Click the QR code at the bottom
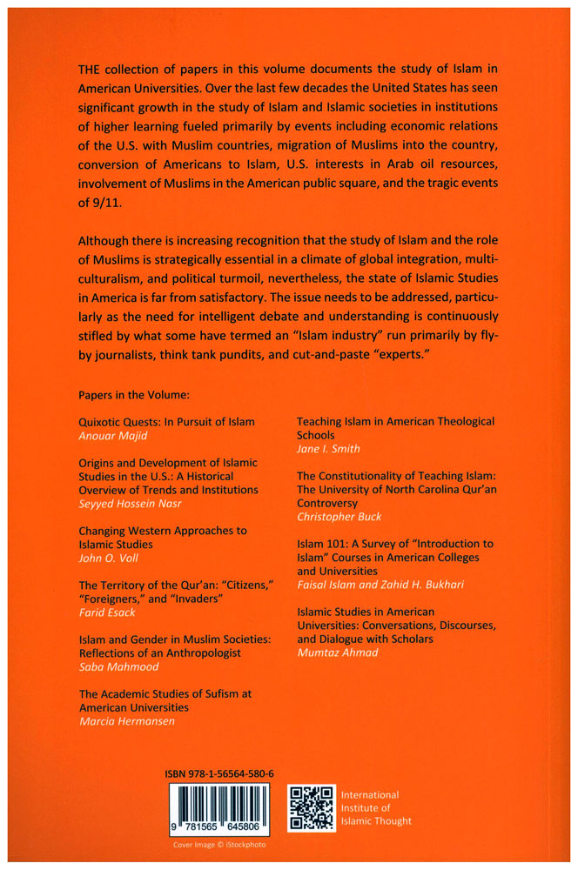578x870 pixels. (311, 808)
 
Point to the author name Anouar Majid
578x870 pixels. (111, 436)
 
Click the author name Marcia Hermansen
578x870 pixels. (127, 721)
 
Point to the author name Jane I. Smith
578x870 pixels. (327, 448)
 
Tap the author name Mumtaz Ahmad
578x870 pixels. (338, 652)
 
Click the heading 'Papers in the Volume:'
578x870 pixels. (128, 394)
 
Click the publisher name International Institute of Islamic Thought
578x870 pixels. (376, 807)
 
